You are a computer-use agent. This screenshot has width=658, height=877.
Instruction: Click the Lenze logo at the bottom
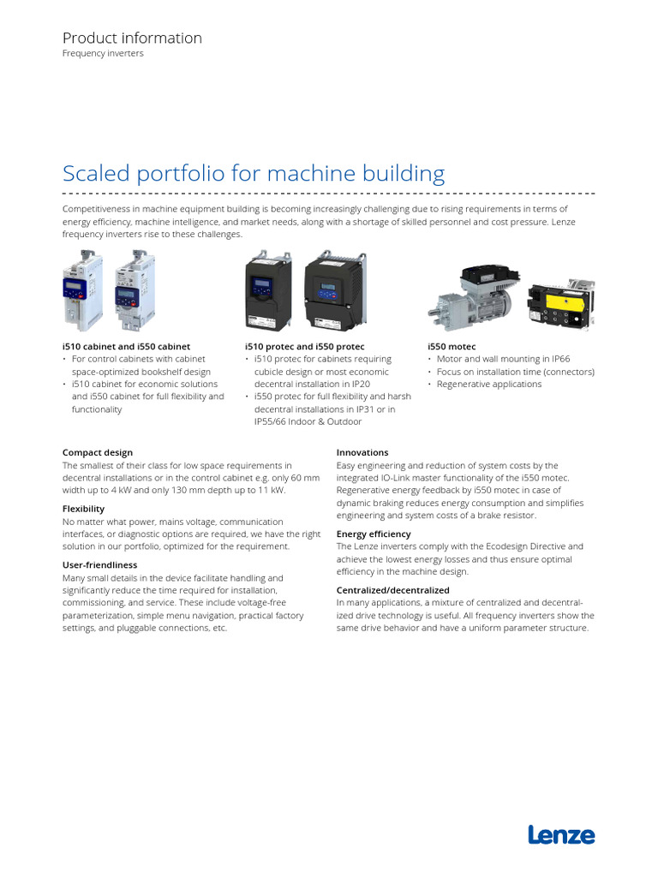click(x=561, y=835)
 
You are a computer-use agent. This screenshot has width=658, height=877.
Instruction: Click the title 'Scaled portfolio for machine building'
click(x=254, y=174)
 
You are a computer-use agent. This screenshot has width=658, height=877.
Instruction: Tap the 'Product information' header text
click(x=132, y=38)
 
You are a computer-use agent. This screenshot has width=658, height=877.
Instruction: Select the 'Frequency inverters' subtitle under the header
click(x=103, y=53)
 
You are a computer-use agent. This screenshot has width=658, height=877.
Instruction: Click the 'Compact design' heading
click(x=98, y=452)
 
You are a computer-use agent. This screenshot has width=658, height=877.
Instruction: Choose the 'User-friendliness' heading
click(x=99, y=565)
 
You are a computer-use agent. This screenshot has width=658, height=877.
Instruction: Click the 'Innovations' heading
click(x=362, y=452)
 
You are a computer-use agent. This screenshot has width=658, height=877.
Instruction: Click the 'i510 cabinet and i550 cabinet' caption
click(x=126, y=346)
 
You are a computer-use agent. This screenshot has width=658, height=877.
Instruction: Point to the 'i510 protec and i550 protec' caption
click(x=304, y=346)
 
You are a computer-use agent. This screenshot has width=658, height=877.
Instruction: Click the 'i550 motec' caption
click(x=452, y=346)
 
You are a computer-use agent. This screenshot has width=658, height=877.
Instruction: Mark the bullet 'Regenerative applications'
click(x=489, y=385)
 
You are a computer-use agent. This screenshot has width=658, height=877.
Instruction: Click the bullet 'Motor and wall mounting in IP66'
click(x=503, y=359)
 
